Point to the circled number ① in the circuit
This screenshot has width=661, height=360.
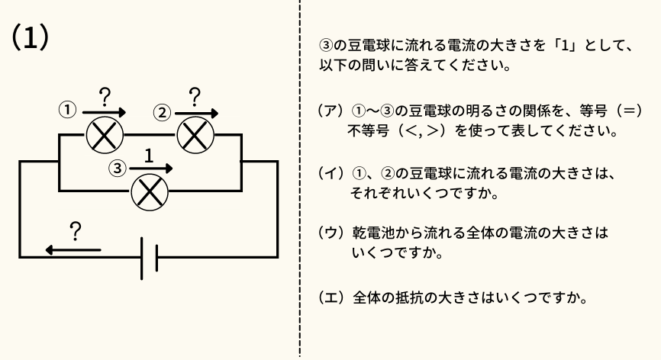(x=68, y=109)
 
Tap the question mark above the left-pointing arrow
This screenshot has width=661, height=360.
(x=75, y=230)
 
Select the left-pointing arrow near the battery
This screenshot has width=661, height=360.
(x=72, y=249)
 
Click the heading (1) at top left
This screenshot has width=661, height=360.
(x=31, y=37)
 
